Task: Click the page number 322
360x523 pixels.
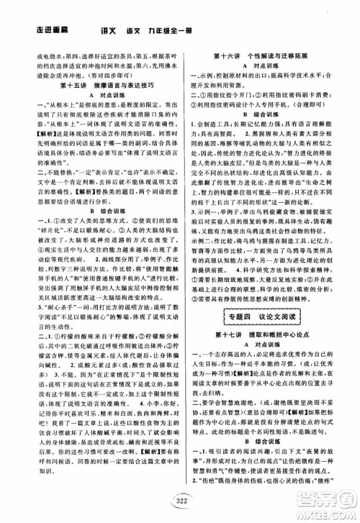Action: pos(179,501)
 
